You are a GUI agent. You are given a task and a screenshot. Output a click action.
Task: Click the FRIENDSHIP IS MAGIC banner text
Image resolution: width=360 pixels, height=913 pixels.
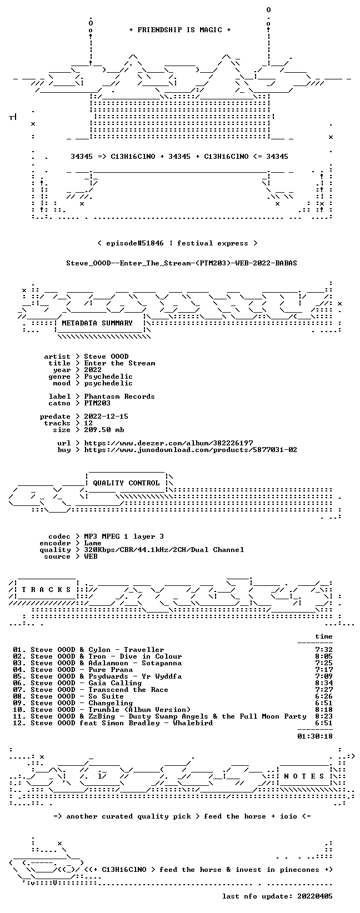pos(180,30)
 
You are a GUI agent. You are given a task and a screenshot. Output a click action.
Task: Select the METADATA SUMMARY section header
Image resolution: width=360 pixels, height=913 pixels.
pos(97,323)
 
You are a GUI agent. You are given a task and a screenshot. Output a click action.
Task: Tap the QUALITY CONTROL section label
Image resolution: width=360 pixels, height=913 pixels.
pos(126,483)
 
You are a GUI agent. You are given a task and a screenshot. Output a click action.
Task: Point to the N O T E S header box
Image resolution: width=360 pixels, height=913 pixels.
pos(304,776)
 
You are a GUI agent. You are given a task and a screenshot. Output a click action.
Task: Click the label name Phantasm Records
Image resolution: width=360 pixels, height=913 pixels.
pos(119,397)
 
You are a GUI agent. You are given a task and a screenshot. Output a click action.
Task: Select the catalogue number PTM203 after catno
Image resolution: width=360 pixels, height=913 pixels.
pos(97,403)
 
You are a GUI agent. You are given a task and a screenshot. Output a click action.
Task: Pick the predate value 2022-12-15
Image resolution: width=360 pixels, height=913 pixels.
pos(106,417)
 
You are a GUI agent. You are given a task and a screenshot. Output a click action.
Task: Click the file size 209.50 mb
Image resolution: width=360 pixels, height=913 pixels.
pos(104,430)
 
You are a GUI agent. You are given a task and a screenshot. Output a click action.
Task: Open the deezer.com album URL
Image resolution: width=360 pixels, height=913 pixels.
pos(168,443)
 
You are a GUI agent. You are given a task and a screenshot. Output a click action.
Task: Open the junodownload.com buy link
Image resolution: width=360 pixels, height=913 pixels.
pos(191,450)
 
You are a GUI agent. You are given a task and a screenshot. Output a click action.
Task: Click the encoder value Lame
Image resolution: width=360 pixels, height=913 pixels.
pos(93,543)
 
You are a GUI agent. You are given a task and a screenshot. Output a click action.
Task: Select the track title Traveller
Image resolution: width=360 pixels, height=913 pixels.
pos(144,650)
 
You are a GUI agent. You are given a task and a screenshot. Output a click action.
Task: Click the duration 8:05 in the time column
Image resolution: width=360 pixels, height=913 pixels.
pos(324,656)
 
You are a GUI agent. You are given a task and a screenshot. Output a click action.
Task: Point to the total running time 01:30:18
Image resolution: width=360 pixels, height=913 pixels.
pos(315,736)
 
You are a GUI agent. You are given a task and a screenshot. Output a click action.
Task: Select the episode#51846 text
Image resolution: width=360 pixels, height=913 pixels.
pos(135,243)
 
